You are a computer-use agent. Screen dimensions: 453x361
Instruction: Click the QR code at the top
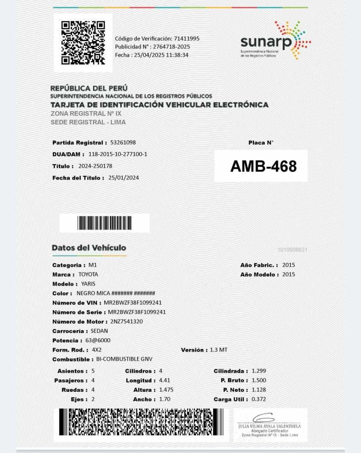coord(83,43)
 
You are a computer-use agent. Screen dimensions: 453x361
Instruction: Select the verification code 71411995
coord(187,39)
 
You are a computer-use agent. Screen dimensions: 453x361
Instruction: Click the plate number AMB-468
coord(263,166)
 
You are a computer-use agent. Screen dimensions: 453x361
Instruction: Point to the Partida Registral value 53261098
coord(123,143)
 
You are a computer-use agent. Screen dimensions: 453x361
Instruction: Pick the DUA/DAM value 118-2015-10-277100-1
coord(118,154)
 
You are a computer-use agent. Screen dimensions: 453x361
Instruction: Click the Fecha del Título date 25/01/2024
coord(123,178)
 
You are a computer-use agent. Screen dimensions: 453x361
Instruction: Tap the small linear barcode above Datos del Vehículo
coord(105,223)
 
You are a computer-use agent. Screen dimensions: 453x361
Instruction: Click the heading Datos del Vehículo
coord(89,248)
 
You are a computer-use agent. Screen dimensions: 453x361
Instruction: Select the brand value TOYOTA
coord(88,274)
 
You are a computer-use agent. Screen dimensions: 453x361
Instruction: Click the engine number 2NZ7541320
coord(127,322)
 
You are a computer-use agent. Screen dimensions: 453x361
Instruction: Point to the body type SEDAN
coord(99,331)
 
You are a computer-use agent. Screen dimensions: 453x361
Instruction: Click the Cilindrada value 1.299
coord(259,371)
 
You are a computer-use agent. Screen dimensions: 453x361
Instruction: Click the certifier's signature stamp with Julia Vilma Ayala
coord(269,425)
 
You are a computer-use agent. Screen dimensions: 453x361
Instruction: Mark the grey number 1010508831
coord(293,250)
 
